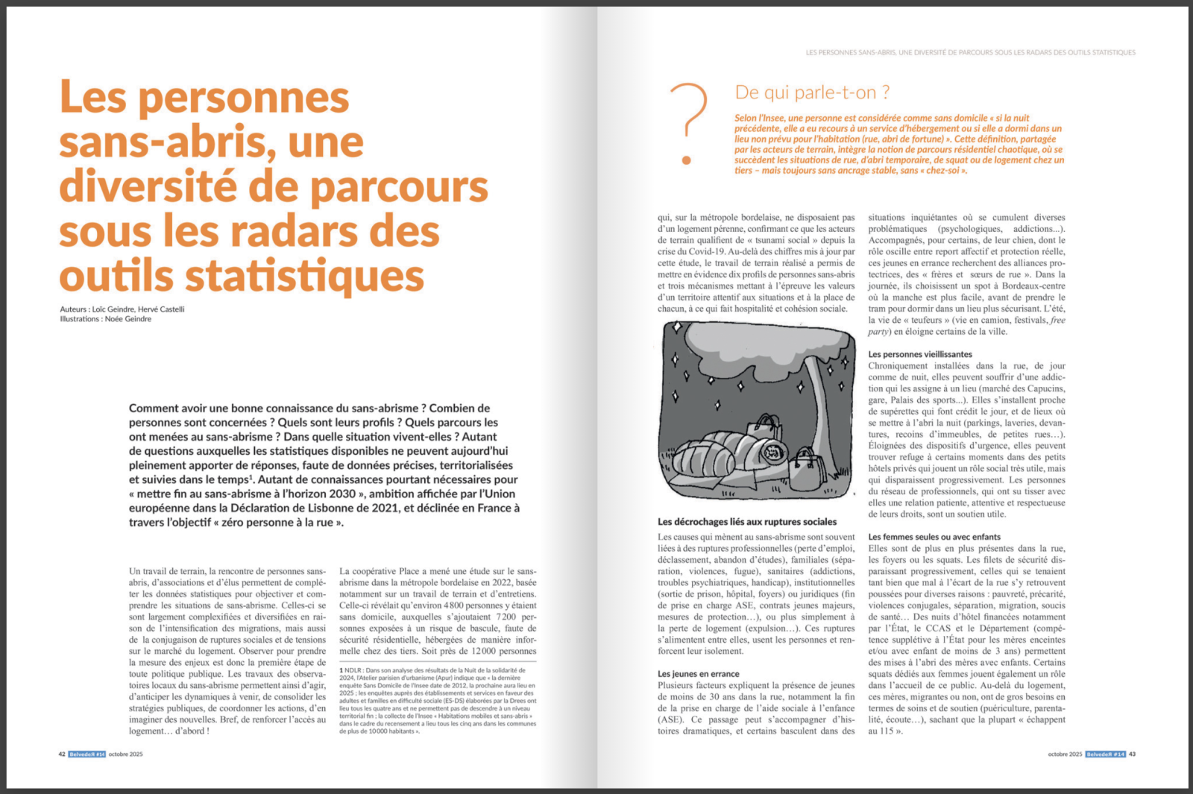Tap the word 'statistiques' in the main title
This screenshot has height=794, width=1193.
click(x=304, y=277)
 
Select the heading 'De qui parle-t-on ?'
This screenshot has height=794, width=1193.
click(x=812, y=92)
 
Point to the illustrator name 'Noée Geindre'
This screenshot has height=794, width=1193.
click(x=128, y=319)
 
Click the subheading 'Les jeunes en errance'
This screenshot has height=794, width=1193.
click(x=698, y=674)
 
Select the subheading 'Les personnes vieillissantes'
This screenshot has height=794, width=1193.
click(x=920, y=355)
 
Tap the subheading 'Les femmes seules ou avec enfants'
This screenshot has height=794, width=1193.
click(x=934, y=537)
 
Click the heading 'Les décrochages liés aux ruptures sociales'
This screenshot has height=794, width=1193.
click(x=746, y=522)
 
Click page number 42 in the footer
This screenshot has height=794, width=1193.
click(x=62, y=754)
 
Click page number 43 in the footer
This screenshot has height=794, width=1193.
click(x=1132, y=754)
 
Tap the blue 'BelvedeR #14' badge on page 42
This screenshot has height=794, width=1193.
click(x=87, y=754)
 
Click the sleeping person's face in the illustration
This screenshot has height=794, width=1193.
click(x=772, y=450)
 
